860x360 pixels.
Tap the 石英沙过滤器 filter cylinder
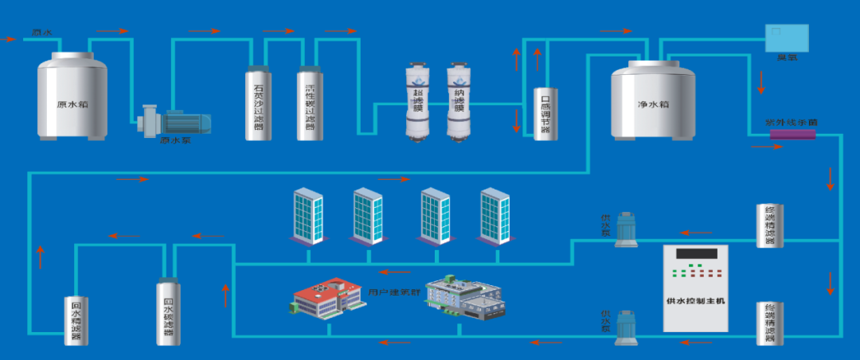coord(258,104)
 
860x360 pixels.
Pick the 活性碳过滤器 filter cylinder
coord(310,104)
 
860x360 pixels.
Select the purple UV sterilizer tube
coord(793,135)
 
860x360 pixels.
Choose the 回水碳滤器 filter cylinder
coord(168,311)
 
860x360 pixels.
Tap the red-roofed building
coord(326,299)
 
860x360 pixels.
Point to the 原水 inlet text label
coord(41,33)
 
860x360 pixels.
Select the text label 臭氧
coord(787,57)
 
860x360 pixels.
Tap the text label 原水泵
coord(175,141)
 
